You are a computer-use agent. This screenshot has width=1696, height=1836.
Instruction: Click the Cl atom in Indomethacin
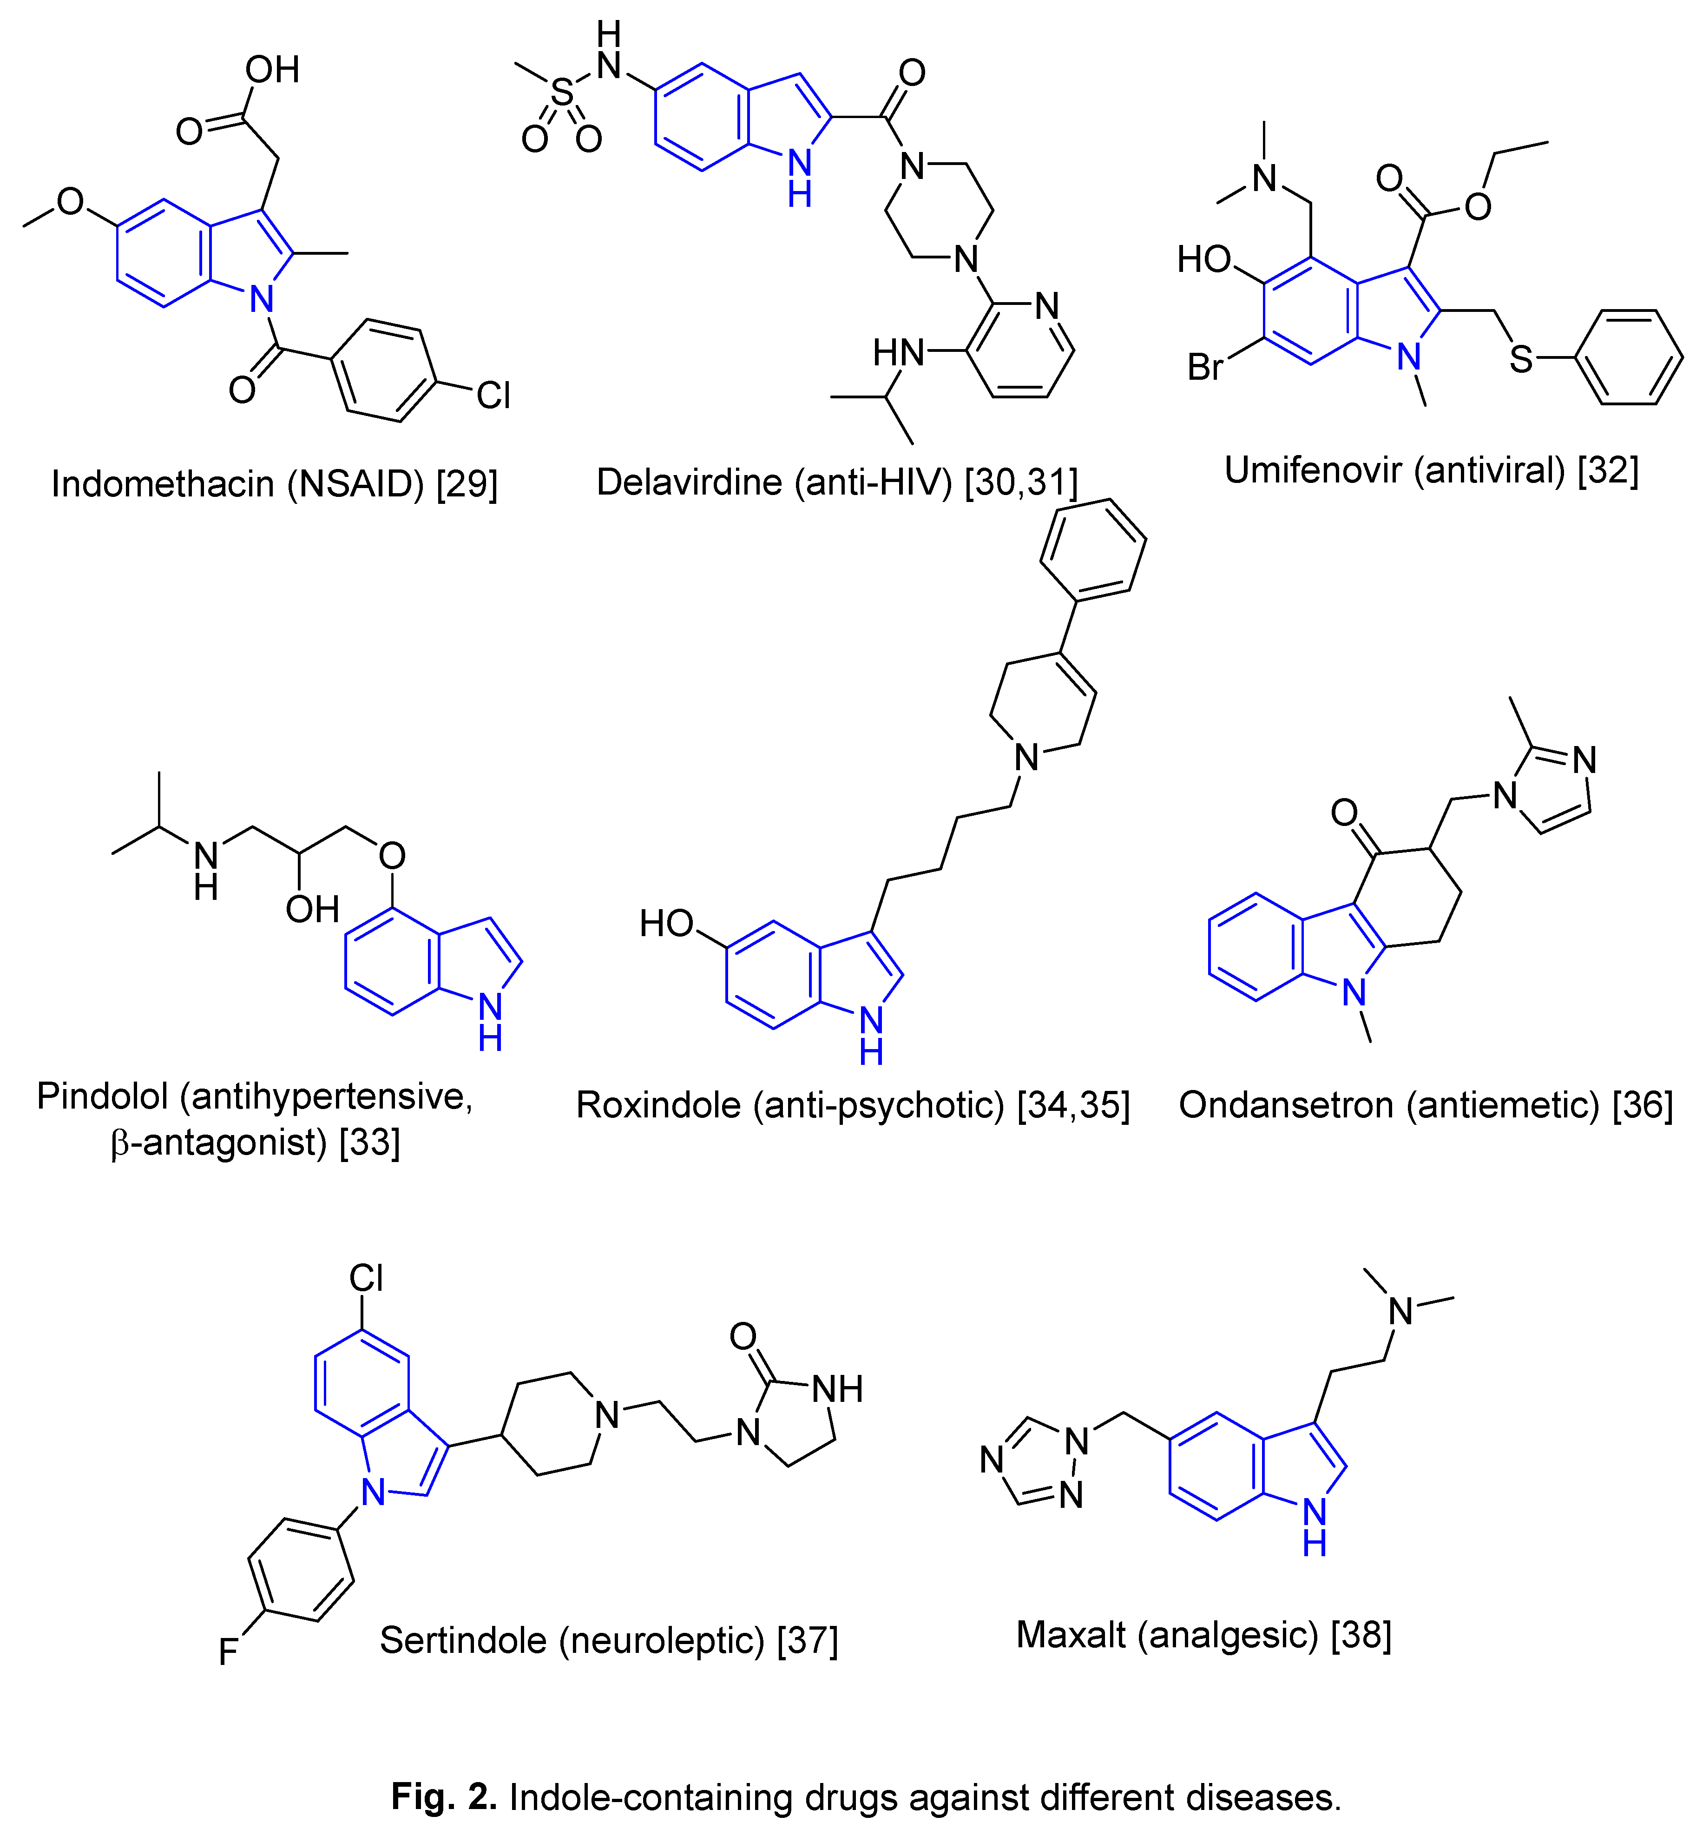(493, 396)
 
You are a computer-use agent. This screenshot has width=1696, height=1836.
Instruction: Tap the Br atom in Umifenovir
(1205, 367)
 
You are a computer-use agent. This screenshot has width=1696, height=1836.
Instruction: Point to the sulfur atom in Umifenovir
(1521, 359)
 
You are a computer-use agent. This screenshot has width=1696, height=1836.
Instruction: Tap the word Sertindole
(463, 1639)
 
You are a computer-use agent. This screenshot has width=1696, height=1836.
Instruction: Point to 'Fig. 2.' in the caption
(444, 1796)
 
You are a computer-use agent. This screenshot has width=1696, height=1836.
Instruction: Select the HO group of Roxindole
(666, 923)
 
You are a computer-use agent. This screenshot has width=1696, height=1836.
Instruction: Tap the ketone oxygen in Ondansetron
(1345, 812)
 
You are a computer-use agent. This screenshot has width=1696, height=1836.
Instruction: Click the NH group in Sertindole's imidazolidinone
(837, 1389)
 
